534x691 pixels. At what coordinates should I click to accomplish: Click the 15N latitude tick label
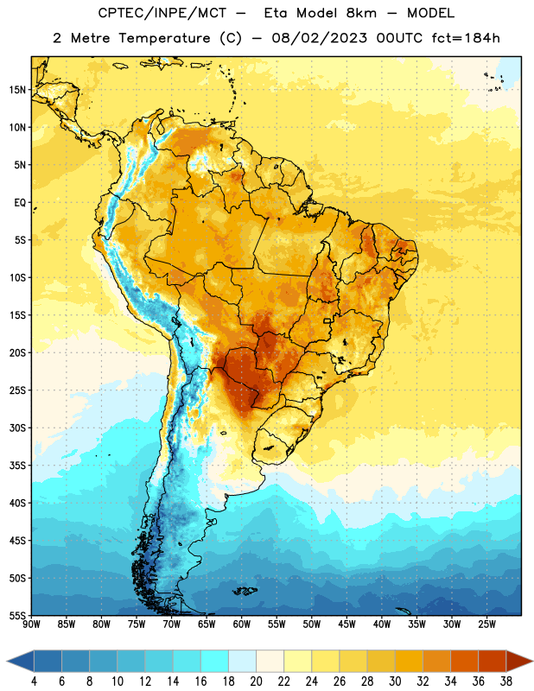click(x=17, y=90)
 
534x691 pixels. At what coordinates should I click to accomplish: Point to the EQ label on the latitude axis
click(x=20, y=203)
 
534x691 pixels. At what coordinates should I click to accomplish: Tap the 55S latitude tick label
click(x=17, y=615)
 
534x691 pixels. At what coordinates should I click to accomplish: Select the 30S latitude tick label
click(x=17, y=428)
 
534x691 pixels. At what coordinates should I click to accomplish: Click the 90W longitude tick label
click(x=31, y=624)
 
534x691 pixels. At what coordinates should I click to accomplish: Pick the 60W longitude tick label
click(x=242, y=624)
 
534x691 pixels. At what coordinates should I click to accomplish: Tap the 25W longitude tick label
click(x=486, y=624)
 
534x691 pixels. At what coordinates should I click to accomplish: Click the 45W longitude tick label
click(x=346, y=624)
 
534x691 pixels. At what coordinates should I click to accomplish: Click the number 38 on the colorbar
click(x=506, y=681)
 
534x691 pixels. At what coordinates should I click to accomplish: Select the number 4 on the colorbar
click(x=34, y=681)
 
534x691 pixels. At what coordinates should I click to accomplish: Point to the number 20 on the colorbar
click(x=256, y=681)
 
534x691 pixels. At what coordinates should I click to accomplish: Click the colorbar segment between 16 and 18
click(x=214, y=661)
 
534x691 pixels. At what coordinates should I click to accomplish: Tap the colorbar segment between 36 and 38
click(x=493, y=661)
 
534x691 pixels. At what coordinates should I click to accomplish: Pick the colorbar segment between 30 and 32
click(x=409, y=661)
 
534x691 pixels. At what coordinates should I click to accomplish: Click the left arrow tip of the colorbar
click(x=7, y=661)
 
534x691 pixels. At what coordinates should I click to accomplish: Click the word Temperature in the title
click(x=164, y=38)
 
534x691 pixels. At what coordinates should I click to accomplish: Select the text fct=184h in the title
click(x=466, y=38)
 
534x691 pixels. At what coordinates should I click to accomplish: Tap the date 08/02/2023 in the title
click(x=319, y=38)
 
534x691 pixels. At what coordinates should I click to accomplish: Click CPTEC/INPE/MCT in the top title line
click(x=162, y=13)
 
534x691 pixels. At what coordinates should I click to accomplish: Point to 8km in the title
click(x=361, y=13)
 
